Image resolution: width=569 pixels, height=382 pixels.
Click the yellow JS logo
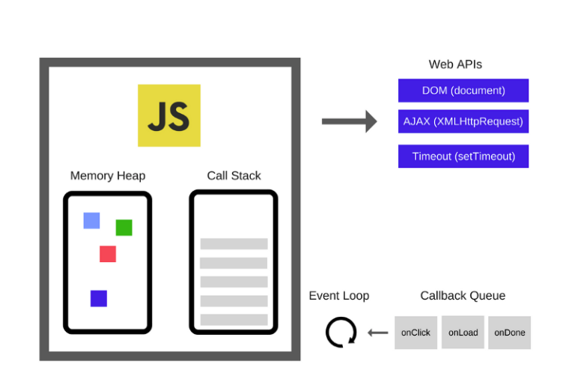click(x=168, y=115)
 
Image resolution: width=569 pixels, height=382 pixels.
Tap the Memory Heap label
click(x=108, y=176)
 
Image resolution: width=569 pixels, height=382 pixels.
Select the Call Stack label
click(x=234, y=176)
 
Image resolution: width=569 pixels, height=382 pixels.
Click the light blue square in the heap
click(x=91, y=220)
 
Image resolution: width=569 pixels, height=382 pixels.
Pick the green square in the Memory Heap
click(x=124, y=228)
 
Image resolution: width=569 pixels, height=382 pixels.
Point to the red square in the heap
click(x=108, y=254)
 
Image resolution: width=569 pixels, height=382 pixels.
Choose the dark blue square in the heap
click(x=99, y=298)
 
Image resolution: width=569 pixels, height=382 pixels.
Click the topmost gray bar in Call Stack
click(x=234, y=243)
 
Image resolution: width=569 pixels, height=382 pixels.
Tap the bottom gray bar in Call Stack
click(x=234, y=320)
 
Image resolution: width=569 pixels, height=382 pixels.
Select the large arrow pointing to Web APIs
click(x=349, y=121)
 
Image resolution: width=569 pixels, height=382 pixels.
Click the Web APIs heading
click(x=455, y=64)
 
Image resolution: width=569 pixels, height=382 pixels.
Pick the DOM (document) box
click(x=463, y=91)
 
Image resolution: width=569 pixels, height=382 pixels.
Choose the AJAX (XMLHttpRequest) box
click(x=463, y=121)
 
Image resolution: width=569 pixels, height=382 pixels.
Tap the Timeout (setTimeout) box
click(x=463, y=157)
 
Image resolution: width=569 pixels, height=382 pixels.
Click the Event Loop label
click(x=339, y=296)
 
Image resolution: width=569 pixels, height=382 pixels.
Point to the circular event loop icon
click(x=341, y=332)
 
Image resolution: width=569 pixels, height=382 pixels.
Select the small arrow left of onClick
click(x=378, y=333)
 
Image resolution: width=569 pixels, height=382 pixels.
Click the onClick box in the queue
click(x=416, y=333)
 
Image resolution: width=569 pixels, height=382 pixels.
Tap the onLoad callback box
click(x=463, y=333)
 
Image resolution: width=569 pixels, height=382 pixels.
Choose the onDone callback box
click(x=509, y=333)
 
